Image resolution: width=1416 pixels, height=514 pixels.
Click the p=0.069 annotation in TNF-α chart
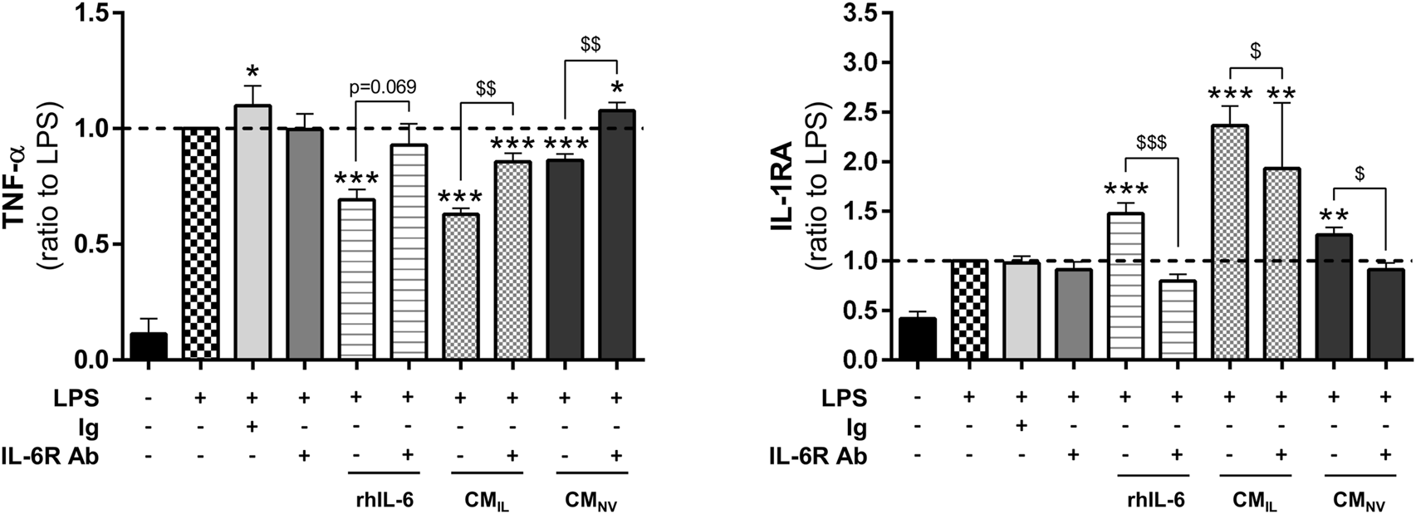[x=382, y=86]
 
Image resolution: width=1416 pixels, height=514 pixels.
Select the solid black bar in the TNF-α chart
[x=149, y=346]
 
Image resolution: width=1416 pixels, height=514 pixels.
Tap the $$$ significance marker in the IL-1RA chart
[x=1151, y=142]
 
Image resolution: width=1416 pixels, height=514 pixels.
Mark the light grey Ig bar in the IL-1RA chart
[x=1022, y=311]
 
